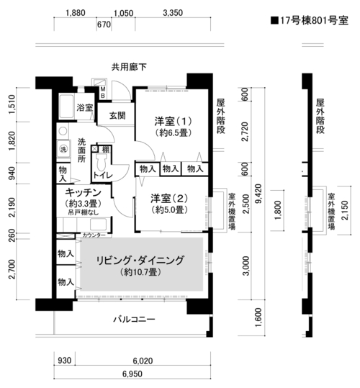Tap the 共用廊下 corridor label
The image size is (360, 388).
click(129, 67)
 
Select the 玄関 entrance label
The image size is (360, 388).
click(117, 115)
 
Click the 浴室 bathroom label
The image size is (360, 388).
click(85, 107)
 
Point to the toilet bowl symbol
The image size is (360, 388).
click(102, 162)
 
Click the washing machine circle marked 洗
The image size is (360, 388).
click(63, 149)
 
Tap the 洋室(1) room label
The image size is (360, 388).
click(173, 121)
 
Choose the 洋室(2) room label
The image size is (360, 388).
click(169, 198)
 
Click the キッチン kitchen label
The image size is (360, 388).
click(83, 192)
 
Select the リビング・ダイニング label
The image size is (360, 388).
click(140, 261)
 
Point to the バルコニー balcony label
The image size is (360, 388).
click(135, 319)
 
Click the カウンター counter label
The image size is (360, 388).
click(94, 235)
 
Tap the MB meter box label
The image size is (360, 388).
click(103, 92)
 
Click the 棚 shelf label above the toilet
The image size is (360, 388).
click(106, 149)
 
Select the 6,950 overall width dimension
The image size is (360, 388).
click(132, 374)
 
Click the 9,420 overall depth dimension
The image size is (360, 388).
click(258, 194)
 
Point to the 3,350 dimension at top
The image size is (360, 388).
click(173, 13)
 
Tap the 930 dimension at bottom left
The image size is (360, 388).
click(65, 361)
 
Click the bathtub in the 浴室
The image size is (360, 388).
click(66, 107)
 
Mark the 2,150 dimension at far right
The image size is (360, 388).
click(345, 210)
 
